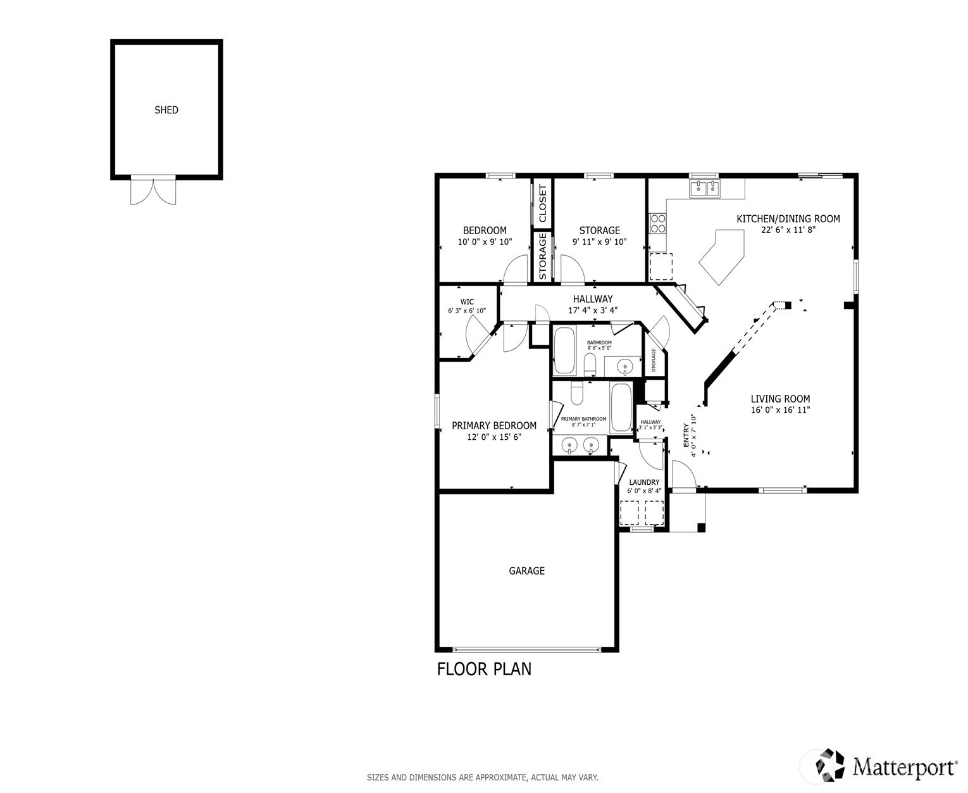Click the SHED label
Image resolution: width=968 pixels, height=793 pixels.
click(166, 110)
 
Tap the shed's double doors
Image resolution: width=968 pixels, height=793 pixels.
click(153, 190)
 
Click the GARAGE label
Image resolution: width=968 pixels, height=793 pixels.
click(526, 571)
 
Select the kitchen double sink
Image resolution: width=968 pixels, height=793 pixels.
click(705, 188)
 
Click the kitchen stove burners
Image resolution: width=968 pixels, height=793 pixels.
click(658, 223)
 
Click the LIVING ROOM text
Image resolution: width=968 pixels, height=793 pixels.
click(780, 399)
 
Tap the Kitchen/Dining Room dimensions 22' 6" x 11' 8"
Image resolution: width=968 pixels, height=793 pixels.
click(788, 230)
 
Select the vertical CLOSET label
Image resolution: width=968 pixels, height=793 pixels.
click(542, 203)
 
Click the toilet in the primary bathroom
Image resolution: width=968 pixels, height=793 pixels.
click(577, 393)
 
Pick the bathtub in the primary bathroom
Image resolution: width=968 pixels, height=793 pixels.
click(621, 408)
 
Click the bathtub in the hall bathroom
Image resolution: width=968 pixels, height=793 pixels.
click(564, 350)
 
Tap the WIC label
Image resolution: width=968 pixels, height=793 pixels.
click(467, 302)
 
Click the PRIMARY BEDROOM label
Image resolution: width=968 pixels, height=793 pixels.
click(494, 426)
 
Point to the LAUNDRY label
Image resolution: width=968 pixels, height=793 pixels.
click(644, 482)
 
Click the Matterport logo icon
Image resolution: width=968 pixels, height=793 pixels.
click(830, 765)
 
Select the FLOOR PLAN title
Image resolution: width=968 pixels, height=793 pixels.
click(484, 670)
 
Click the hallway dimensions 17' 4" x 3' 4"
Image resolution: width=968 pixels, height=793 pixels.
click(593, 310)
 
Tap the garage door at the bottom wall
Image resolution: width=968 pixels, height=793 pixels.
click(526, 650)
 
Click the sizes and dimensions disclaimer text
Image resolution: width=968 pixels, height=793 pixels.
click(482, 777)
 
